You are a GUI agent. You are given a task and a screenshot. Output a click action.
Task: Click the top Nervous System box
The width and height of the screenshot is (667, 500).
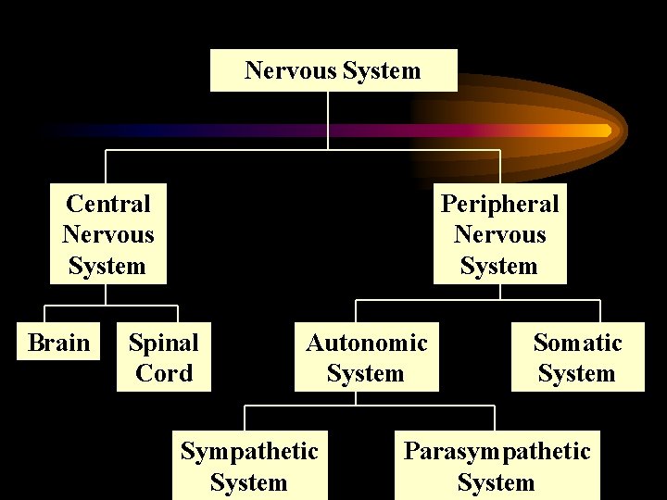[x=333, y=70]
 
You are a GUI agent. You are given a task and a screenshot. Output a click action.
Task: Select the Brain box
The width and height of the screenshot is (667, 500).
[x=59, y=343]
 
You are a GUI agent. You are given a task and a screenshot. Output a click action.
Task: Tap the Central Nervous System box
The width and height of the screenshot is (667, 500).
[x=107, y=234]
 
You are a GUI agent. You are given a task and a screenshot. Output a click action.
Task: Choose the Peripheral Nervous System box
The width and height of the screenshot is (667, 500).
[x=499, y=234]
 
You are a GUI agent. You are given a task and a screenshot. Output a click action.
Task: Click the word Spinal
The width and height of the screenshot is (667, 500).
[x=163, y=343]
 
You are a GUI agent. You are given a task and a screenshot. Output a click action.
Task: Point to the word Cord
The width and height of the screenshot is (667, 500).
[x=164, y=373]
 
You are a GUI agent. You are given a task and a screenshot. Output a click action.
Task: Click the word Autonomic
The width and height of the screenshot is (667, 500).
[x=367, y=343]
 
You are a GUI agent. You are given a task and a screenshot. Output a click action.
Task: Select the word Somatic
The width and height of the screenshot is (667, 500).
[x=577, y=343]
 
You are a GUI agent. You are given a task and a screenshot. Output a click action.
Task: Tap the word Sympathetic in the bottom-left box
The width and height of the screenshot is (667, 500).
[x=249, y=451]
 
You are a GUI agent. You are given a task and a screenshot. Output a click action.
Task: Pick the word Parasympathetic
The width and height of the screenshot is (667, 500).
[x=497, y=451]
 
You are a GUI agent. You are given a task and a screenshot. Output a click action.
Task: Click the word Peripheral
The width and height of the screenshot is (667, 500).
[x=499, y=203]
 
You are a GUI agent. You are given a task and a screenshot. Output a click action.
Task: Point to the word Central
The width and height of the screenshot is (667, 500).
[x=107, y=203]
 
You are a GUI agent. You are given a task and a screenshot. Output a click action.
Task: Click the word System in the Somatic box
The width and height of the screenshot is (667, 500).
[x=576, y=374]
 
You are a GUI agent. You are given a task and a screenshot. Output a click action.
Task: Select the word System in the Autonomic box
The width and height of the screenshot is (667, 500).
[x=366, y=374]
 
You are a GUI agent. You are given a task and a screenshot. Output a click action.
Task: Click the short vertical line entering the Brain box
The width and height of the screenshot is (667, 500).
[x=46, y=313]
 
